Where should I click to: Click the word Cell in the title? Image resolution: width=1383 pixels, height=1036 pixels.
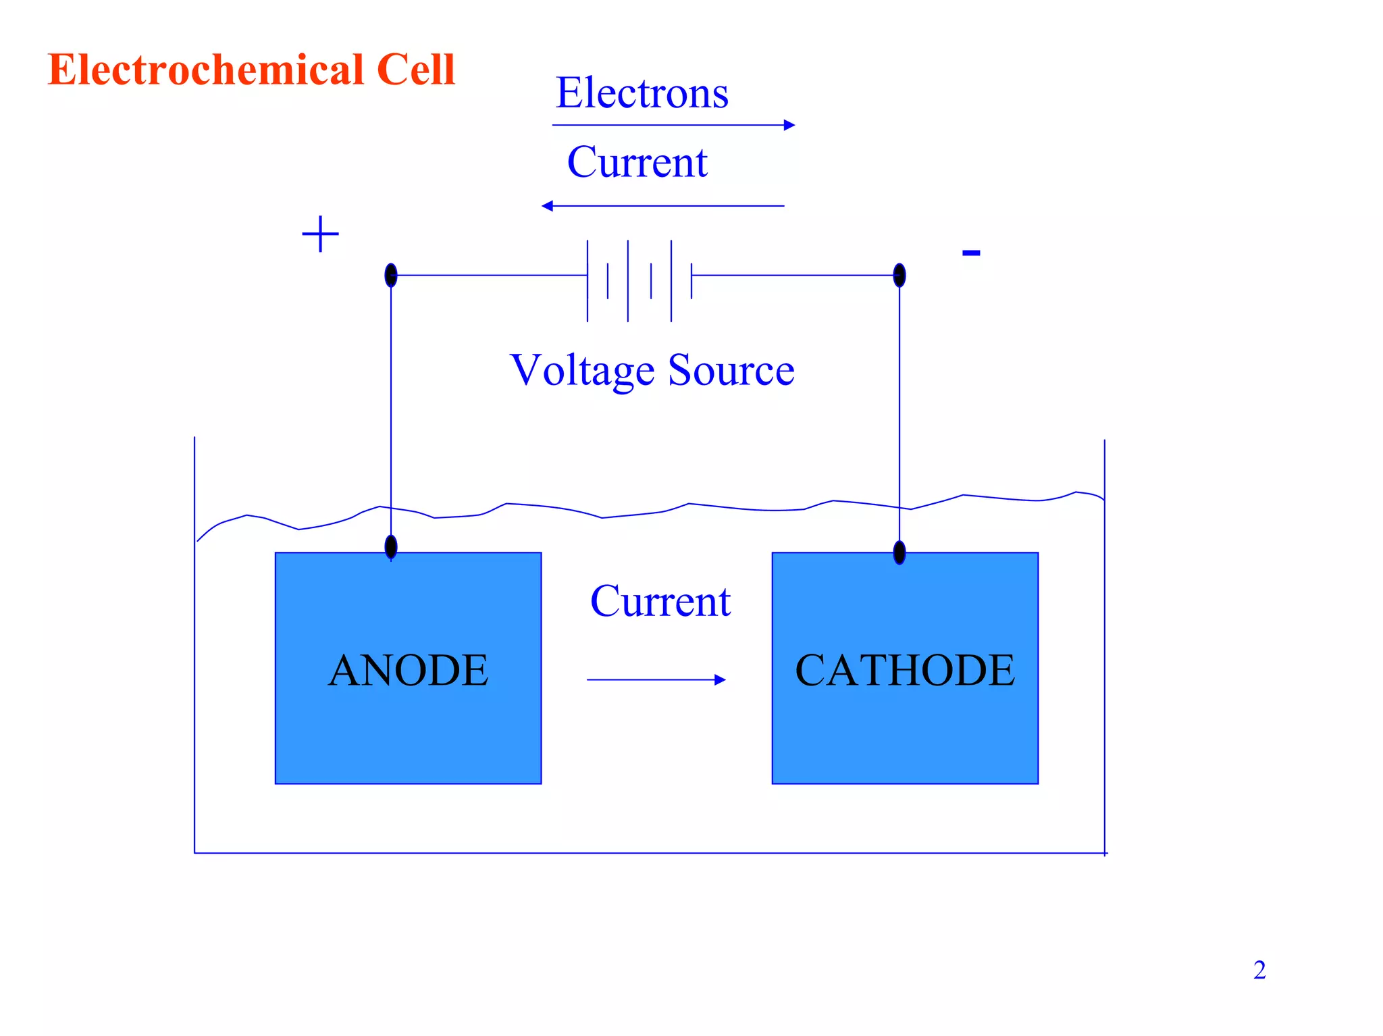point(416,70)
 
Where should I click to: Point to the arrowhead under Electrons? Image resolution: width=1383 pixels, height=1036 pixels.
point(789,125)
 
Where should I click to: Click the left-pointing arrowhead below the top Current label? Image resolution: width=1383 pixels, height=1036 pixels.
point(548,206)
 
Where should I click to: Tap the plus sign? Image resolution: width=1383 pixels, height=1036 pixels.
point(320,234)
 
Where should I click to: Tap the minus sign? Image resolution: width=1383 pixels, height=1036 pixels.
point(970,253)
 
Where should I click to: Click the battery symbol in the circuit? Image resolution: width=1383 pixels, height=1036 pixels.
point(640,280)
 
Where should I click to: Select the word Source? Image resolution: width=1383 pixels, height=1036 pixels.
point(731,370)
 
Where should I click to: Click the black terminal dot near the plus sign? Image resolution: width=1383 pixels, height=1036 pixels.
point(391,276)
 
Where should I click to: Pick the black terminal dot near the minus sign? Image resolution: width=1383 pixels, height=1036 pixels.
point(899,276)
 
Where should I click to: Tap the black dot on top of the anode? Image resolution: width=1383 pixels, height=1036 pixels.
point(391,546)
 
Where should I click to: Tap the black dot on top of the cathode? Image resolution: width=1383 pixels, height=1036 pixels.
point(899,552)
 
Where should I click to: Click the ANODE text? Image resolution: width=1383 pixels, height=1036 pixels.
point(408,670)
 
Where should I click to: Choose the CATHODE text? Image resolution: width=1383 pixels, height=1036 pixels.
point(905,670)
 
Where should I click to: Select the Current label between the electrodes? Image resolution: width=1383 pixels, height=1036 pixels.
point(660,601)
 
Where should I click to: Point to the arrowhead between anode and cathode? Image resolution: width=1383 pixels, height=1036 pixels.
point(720,679)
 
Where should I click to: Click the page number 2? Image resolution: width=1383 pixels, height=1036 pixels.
point(1259,970)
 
